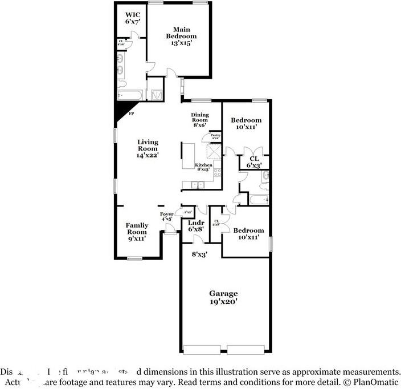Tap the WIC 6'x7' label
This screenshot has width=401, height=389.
132,17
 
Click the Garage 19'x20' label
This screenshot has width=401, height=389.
223,297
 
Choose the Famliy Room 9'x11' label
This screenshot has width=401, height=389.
137,232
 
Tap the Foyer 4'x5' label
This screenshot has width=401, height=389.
166,216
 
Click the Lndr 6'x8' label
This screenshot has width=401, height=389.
196,225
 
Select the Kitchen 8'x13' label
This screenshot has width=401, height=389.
204,167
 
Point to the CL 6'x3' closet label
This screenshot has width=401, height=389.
254,161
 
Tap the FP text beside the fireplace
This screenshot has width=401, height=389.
131,114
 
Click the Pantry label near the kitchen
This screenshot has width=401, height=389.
215,136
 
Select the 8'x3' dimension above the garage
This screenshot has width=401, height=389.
199,254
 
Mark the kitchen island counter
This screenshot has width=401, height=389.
188,155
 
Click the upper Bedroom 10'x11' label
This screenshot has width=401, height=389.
246,123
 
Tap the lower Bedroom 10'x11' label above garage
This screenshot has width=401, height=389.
249,233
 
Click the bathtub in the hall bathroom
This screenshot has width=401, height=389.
259,200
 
